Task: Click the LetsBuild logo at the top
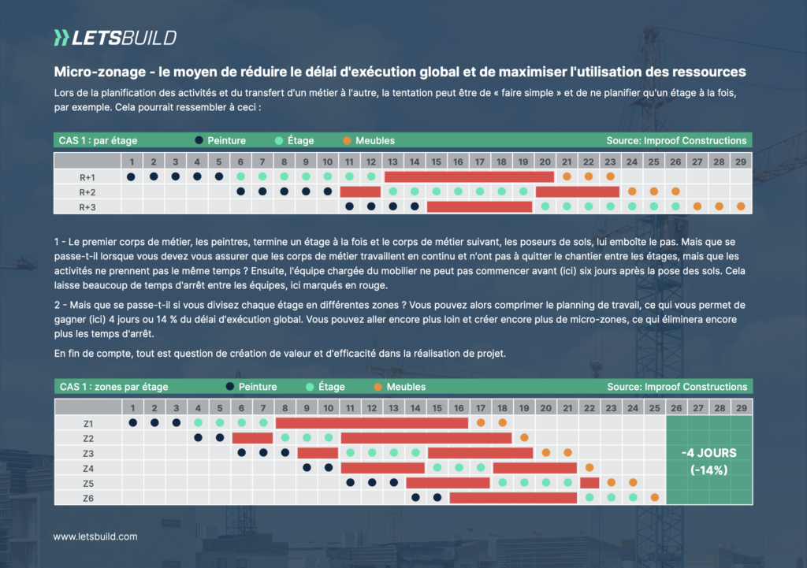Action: coord(115,37)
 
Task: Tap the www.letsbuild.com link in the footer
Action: coord(95,536)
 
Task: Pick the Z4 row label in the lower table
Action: coord(88,468)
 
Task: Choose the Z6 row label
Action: coord(88,498)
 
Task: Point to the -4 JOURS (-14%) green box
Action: coord(709,460)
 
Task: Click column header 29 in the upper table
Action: coord(741,161)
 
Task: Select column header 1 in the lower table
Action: coord(133,407)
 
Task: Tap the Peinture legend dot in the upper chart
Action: coord(199,141)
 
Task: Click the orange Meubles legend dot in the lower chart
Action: coord(378,387)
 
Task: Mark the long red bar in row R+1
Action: coord(469,176)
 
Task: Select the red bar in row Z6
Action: coord(513,498)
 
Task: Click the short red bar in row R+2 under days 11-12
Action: coord(360,191)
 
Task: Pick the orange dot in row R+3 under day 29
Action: coord(741,206)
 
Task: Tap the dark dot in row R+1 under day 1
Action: coord(132,176)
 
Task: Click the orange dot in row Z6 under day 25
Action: coord(654,498)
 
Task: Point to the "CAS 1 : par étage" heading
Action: coord(99,141)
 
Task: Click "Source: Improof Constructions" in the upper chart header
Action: coord(676,141)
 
